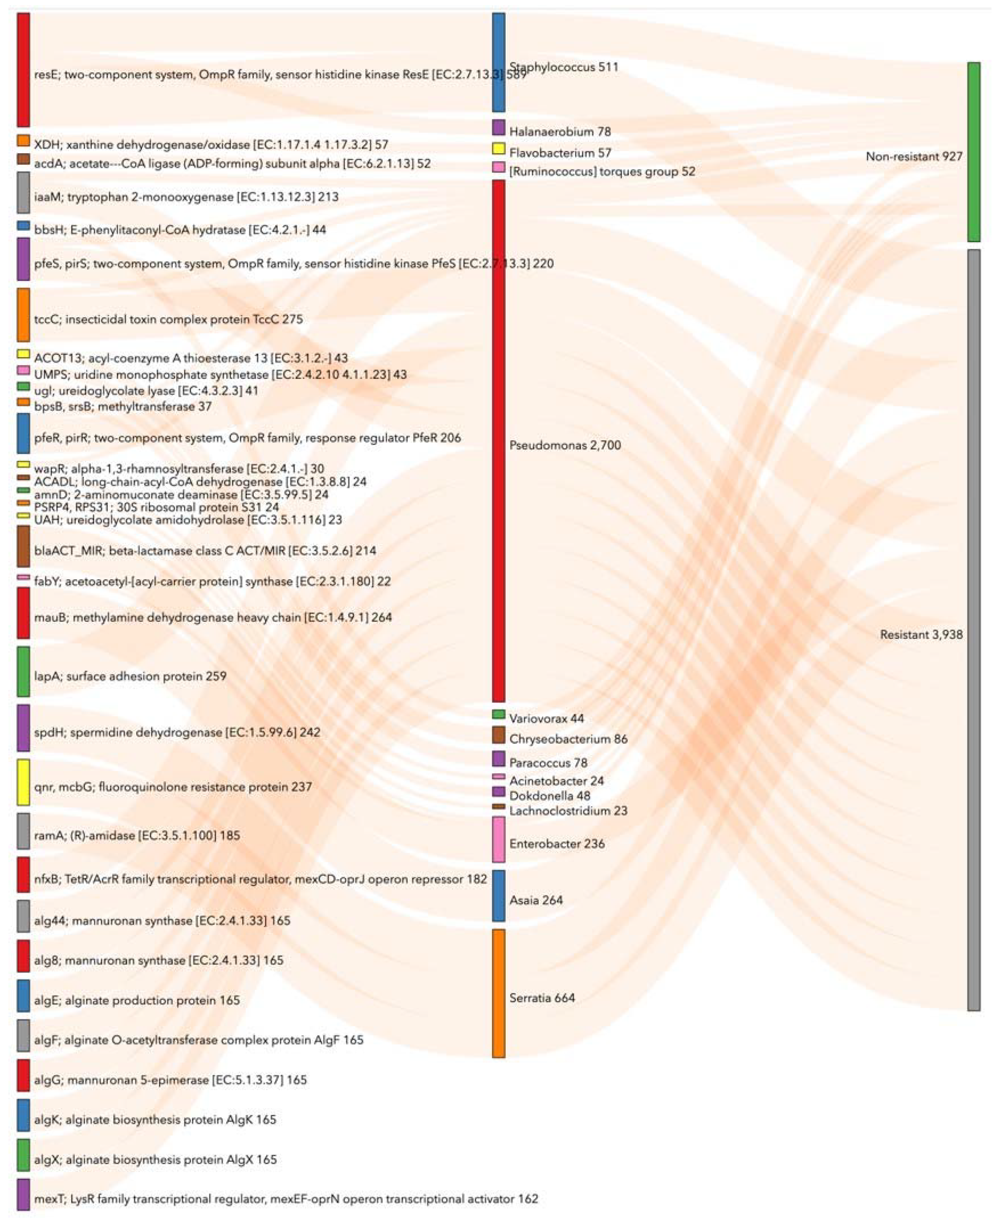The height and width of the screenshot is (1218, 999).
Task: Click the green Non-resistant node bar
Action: click(973, 152)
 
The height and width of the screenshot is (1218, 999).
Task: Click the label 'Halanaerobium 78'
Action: click(559, 132)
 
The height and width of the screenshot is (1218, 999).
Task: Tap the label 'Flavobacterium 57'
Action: click(559, 153)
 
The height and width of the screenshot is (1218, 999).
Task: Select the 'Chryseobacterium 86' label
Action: click(568, 739)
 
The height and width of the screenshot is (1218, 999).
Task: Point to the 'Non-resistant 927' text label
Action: click(914, 156)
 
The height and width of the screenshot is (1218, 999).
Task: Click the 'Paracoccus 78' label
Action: click(548, 763)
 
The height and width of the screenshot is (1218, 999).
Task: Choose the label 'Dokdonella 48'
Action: click(550, 796)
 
